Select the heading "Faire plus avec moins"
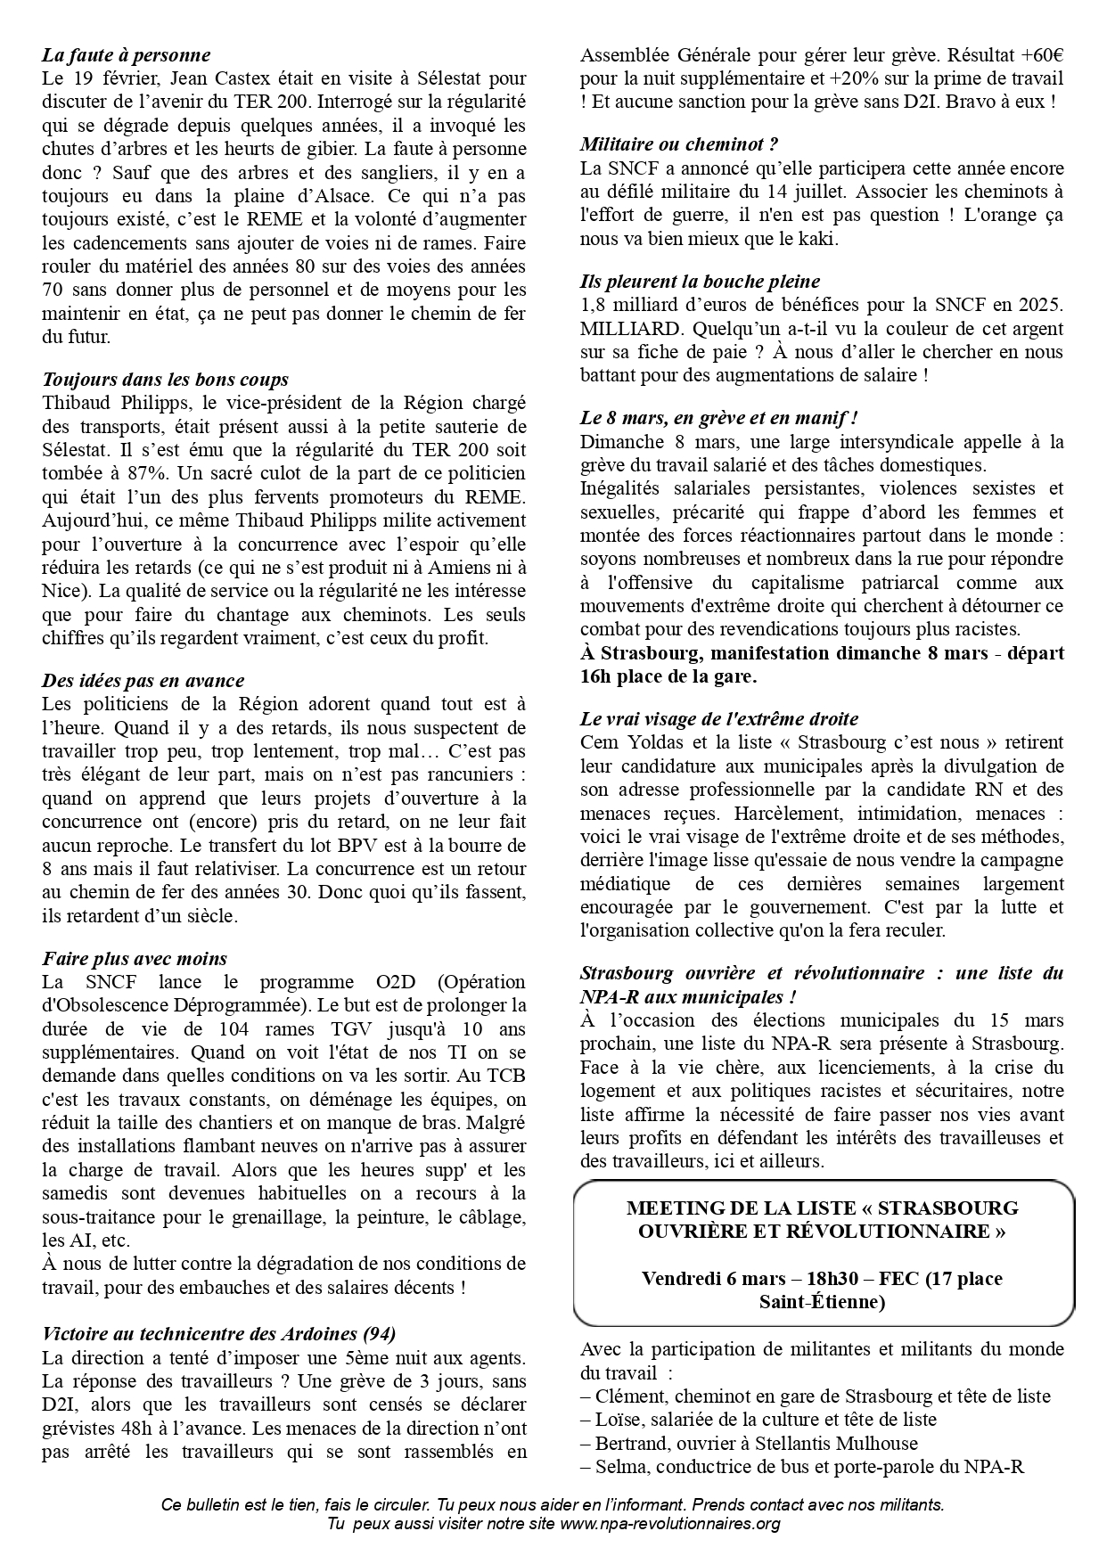[x=134, y=959]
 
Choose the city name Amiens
[x=455, y=567]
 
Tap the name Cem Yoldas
[x=628, y=742]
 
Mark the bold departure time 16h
[x=598, y=676]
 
